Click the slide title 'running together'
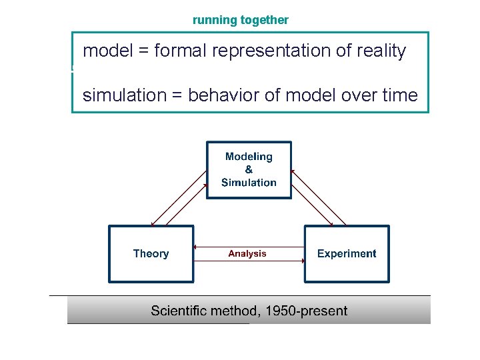tap(240, 20)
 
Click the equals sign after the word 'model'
tap(141, 51)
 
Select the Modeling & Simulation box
tap(249, 169)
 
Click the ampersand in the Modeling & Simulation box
tap(249, 169)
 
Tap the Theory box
tap(151, 253)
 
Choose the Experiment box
tap(346, 253)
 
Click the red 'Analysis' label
tap(247, 253)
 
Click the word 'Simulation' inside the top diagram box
tap(249, 182)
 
